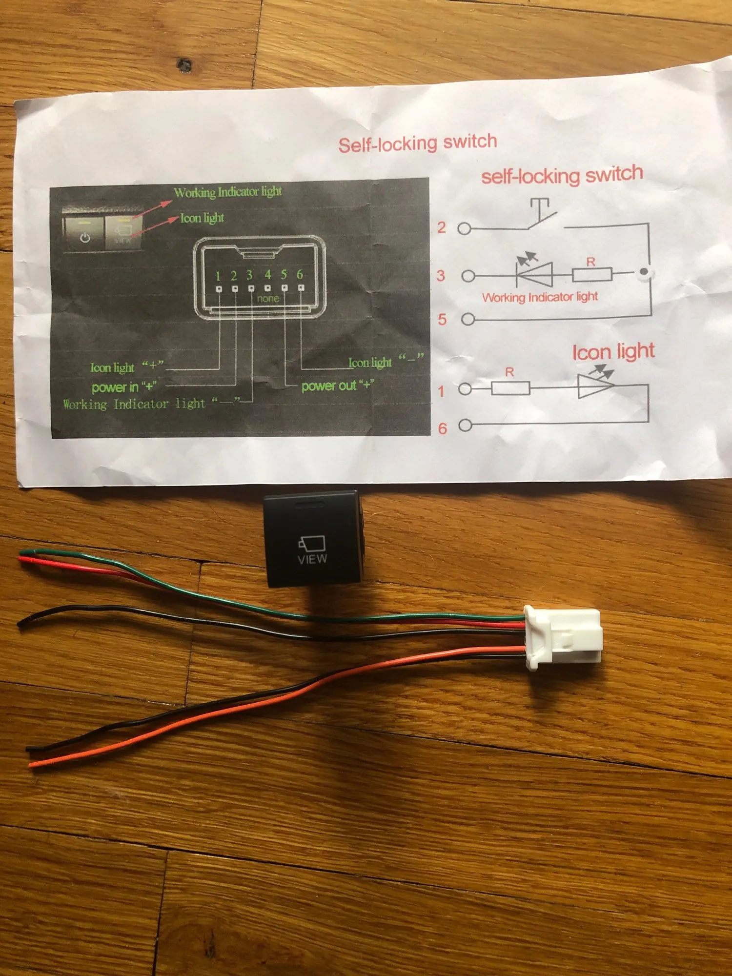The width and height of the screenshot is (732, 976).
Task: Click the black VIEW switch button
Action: tap(312, 539)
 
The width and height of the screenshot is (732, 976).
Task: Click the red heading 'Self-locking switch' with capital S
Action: tap(417, 143)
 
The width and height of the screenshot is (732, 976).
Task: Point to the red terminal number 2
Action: tap(442, 227)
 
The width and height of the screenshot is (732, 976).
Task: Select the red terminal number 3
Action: tap(441, 276)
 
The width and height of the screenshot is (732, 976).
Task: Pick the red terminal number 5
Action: tap(442, 319)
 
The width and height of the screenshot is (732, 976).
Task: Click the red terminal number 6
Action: tap(442, 428)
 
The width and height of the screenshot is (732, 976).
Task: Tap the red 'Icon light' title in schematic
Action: tap(613, 351)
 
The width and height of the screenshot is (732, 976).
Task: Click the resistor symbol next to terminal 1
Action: tap(510, 388)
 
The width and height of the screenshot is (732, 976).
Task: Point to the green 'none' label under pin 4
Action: tap(268, 298)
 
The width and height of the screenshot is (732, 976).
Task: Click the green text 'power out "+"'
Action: tap(337, 386)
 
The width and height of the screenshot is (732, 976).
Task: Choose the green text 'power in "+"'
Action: tap(124, 387)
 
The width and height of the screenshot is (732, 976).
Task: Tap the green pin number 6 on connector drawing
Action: tap(300, 274)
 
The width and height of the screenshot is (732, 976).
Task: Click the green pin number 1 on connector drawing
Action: tap(218, 276)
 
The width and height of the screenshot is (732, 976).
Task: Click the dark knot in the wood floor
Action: tap(184, 65)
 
